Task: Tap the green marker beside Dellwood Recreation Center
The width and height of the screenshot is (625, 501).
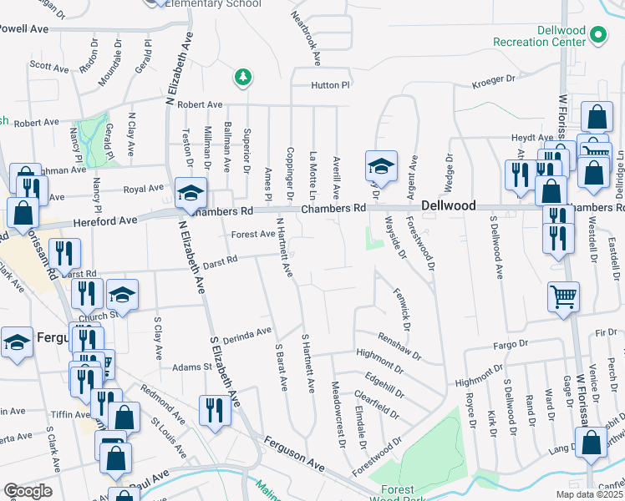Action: [x=597, y=35]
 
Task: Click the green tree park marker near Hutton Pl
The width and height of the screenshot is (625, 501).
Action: [x=242, y=78]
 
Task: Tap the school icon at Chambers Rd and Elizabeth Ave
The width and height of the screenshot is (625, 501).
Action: [x=191, y=194]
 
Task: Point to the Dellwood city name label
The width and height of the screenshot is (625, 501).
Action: [x=449, y=205]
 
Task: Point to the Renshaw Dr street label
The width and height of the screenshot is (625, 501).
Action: [x=399, y=344]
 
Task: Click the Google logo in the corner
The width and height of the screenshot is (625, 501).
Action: [x=28, y=491]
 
